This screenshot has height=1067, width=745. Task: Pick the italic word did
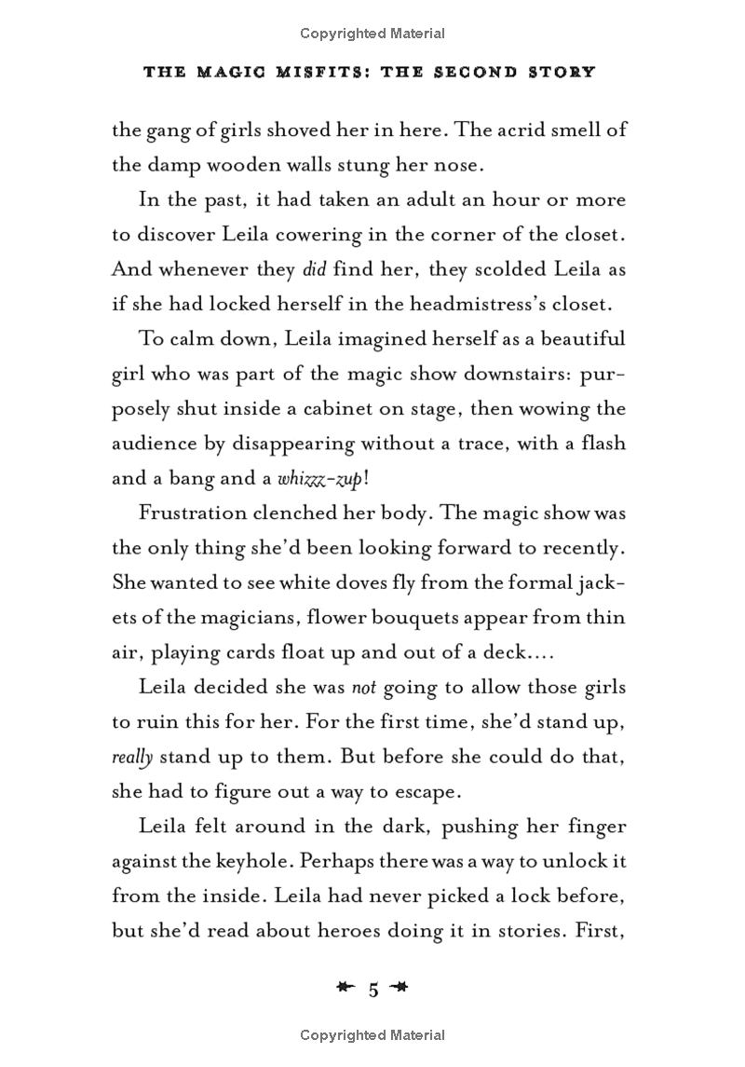312,269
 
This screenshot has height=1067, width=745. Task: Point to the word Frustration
193,513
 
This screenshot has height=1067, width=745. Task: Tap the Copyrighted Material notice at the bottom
372,1035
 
